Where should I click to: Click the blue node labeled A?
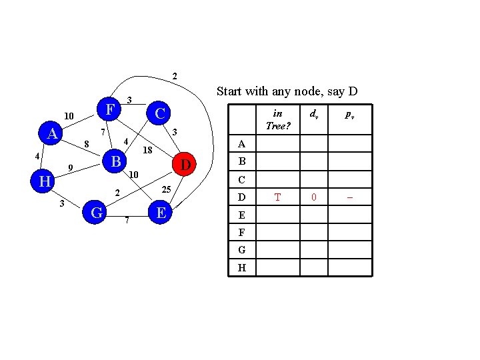(x=51, y=134)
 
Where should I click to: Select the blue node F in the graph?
(x=109, y=108)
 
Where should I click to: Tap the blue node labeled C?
(x=159, y=113)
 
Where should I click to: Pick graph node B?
(x=115, y=161)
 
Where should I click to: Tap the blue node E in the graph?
(x=159, y=212)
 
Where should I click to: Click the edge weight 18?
(x=148, y=151)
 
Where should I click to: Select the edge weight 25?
(x=167, y=191)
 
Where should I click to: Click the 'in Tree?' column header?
(x=278, y=121)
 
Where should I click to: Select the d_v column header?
(x=314, y=115)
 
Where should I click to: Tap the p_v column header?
(x=349, y=115)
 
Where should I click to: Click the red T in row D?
(x=278, y=197)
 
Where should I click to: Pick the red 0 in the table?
(x=314, y=197)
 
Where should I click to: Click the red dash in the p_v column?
(x=349, y=197)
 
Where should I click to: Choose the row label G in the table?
(x=242, y=250)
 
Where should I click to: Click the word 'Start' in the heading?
(x=229, y=91)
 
